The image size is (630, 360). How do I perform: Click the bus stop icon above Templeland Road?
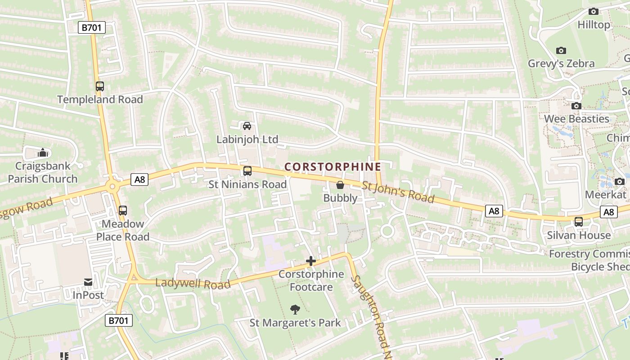(100, 86)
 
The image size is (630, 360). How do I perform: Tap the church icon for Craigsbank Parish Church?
(43, 153)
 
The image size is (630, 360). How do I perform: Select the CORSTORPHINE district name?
(333, 167)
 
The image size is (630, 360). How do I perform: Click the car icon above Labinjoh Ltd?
(247, 126)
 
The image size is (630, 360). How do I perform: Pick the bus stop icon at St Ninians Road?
(247, 171)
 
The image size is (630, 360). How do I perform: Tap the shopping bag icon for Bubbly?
(340, 184)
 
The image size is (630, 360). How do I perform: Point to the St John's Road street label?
(398, 192)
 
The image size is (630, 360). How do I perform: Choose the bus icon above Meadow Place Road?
(122, 210)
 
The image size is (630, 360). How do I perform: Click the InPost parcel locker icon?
(88, 282)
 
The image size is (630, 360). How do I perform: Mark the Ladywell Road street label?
(193, 283)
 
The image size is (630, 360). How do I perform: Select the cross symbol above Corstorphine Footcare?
(310, 261)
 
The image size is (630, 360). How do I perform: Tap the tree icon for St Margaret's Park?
(295, 309)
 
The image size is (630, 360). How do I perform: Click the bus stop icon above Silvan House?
(579, 222)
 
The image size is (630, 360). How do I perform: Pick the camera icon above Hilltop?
(594, 11)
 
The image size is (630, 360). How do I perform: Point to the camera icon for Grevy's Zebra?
(561, 50)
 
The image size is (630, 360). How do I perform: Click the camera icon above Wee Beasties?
(576, 106)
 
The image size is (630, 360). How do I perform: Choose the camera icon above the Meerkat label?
(620, 181)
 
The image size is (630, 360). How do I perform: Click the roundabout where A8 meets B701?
(111, 185)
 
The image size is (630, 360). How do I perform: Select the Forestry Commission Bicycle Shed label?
(589, 260)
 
